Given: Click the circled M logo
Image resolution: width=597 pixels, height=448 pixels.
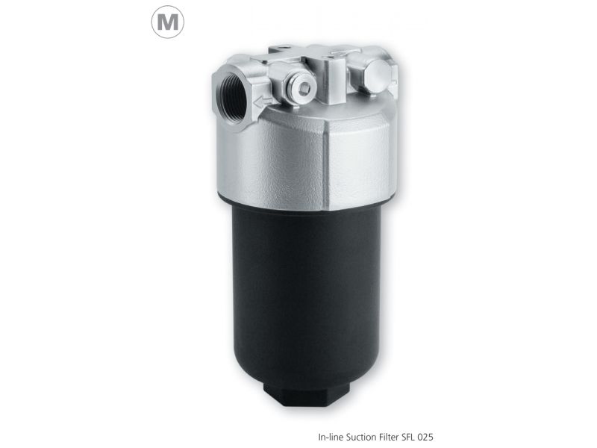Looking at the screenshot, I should pos(168,23).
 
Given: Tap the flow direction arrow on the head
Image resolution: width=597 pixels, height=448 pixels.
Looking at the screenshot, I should pos(261,101).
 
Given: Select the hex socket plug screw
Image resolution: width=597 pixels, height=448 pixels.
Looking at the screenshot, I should pos(304,90).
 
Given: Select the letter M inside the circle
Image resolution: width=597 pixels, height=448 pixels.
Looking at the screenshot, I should pos(168,24).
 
